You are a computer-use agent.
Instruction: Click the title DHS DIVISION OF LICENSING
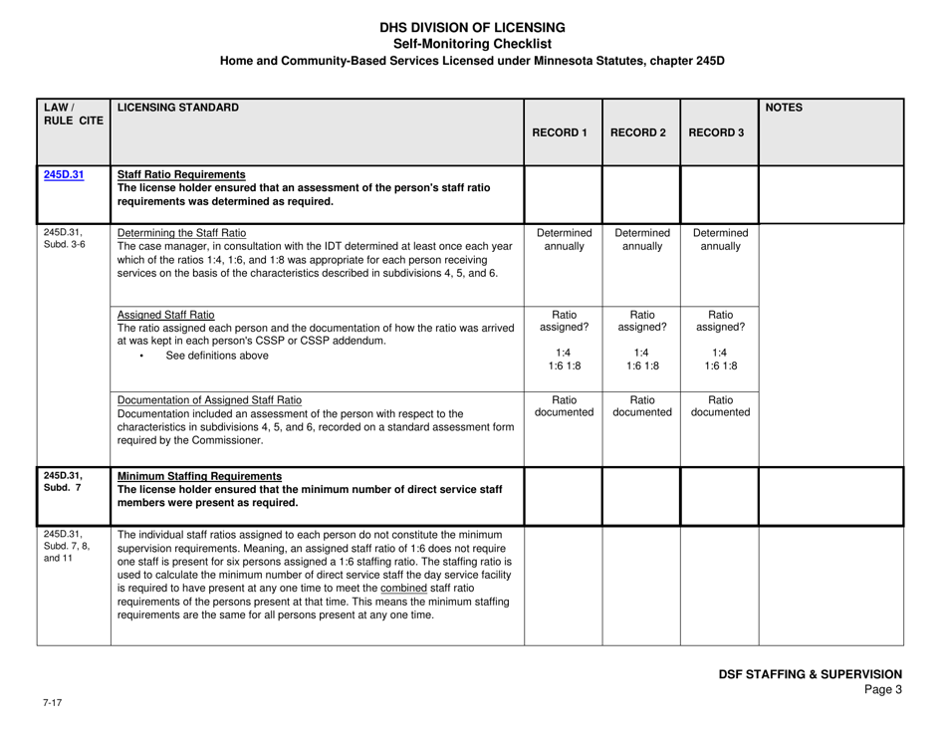tap(472, 27)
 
